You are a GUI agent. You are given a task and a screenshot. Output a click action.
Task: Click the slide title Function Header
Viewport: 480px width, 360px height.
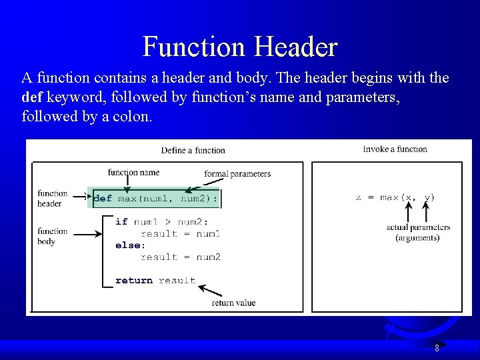240,47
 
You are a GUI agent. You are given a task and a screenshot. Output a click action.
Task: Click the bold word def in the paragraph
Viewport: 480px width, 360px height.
31,97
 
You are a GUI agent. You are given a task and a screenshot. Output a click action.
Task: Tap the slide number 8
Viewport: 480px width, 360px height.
437,347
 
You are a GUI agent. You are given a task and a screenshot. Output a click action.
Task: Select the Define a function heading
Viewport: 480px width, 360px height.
193,150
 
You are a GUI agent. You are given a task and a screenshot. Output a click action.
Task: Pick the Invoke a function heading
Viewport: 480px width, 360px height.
395,149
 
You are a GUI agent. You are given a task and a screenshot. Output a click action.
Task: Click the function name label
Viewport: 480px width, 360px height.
133,173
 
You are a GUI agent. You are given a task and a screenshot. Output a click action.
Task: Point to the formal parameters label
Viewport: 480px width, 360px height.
237,174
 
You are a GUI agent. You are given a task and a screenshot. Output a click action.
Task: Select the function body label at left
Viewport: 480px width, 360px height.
53,237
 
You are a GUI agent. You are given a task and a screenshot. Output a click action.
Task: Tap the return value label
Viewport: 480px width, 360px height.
233,303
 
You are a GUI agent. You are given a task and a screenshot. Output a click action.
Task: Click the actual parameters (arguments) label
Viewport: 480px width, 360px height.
418,232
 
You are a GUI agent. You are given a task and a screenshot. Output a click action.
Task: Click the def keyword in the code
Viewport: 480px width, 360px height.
103,198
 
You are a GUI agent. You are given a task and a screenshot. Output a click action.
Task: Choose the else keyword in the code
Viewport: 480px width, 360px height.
129,245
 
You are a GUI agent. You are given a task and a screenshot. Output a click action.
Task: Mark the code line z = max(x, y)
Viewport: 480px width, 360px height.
395,197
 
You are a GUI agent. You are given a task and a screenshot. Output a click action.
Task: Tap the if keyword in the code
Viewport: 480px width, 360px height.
121,221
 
